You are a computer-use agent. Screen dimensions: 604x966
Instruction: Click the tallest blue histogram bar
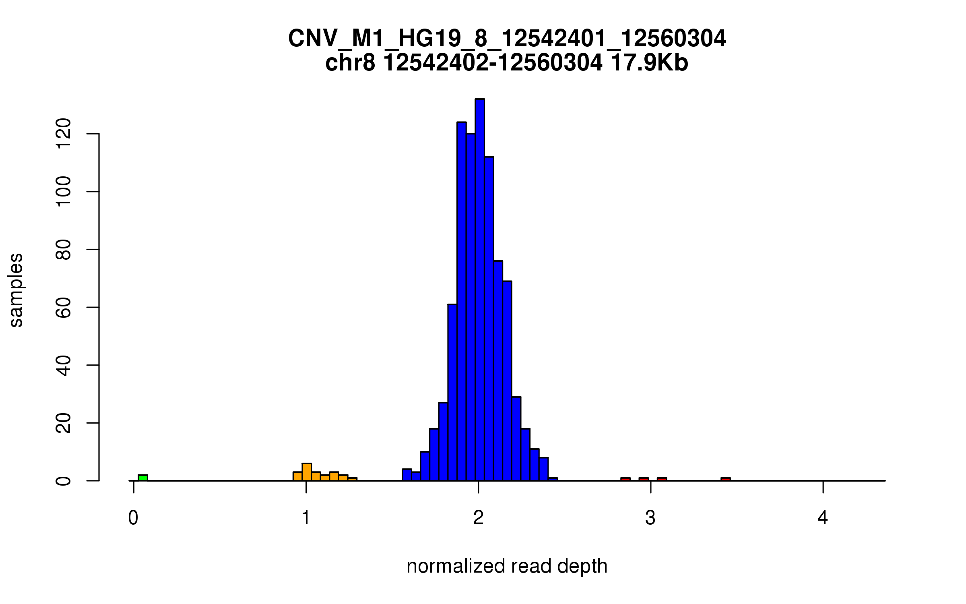479,290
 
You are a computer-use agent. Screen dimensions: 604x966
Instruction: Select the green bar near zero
143,478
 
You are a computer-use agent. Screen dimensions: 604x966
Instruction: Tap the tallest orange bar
307,472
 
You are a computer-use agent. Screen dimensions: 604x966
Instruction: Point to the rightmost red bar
725,479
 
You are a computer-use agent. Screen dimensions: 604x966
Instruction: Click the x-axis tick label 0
133,518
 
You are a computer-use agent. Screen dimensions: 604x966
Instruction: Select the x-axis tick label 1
306,518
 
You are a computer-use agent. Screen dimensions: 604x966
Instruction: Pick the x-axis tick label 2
478,518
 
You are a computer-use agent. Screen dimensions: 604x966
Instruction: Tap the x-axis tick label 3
650,518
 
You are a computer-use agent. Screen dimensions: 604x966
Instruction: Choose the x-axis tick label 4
823,518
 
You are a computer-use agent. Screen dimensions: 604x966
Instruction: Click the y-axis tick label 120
64,134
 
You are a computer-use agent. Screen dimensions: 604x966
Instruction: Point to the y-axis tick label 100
64,192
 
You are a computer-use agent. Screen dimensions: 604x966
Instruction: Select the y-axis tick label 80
64,250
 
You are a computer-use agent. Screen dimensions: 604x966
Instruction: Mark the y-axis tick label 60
64,308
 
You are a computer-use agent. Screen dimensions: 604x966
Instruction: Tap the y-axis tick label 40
64,365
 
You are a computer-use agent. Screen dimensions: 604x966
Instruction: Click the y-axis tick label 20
64,423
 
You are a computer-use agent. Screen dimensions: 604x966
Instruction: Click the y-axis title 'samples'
16,290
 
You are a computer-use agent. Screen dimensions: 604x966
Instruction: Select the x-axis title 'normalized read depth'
507,567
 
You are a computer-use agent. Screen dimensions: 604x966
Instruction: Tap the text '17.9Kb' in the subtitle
649,63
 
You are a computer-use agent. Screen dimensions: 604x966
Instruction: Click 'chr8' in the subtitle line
350,63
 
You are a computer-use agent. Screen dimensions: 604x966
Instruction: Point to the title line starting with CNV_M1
507,39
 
